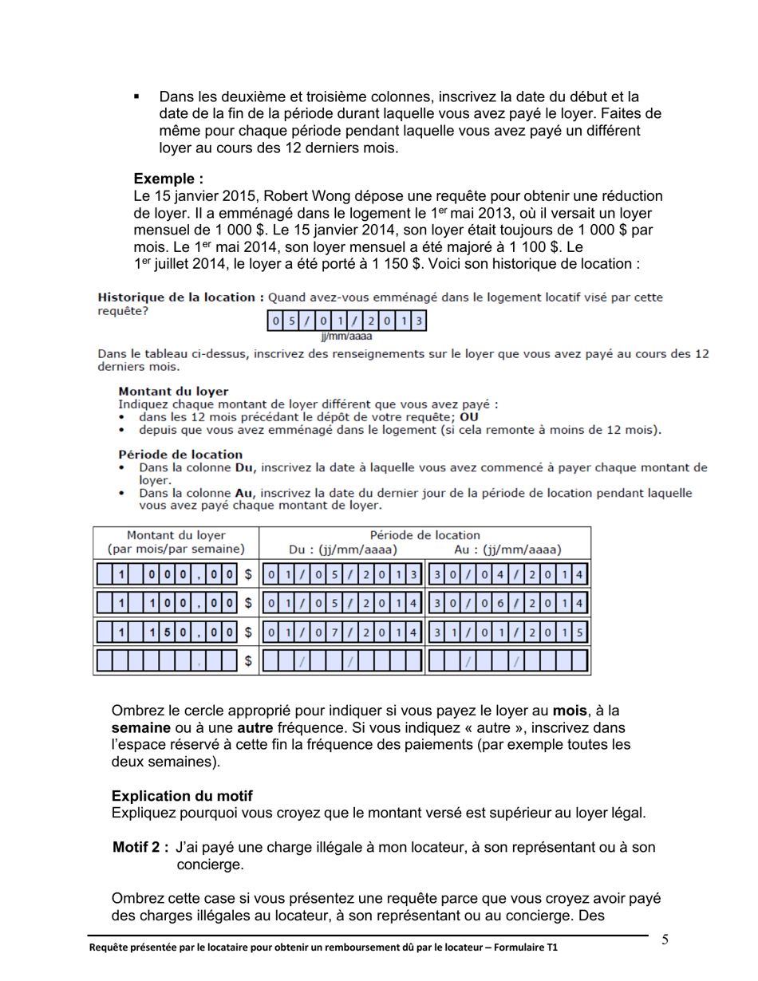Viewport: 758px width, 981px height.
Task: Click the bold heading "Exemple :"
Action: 168,179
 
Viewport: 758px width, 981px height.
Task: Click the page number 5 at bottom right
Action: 665,940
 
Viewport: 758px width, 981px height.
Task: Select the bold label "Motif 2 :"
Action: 140,848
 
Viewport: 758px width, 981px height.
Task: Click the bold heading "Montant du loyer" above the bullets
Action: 173,392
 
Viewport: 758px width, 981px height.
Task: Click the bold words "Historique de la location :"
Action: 180,297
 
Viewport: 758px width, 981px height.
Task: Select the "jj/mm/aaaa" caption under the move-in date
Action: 347,337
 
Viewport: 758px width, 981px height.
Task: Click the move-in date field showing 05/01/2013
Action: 347,321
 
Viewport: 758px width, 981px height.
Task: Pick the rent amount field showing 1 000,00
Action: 167,574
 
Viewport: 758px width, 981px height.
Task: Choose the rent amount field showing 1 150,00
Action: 167,632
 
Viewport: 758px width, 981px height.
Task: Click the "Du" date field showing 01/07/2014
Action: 342,632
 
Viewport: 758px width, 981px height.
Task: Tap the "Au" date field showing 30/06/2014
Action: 508,603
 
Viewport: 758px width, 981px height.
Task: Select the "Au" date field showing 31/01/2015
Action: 508,632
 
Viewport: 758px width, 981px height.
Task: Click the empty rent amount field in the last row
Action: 167,660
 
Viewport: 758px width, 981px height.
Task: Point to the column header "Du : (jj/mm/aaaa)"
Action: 342,550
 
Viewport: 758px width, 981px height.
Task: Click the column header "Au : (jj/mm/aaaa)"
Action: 507,550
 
